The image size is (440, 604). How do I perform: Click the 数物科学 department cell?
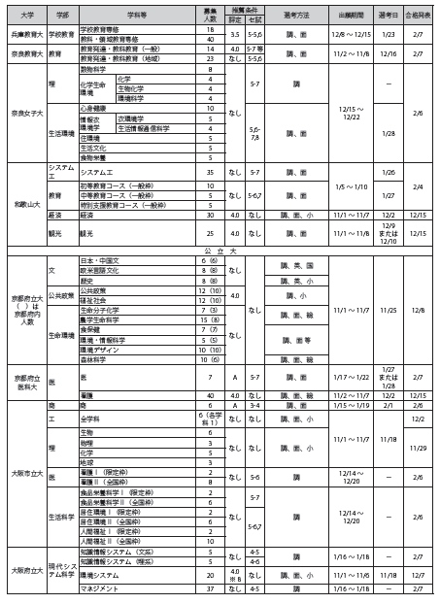point(94,71)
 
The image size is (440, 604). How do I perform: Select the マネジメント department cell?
point(98,588)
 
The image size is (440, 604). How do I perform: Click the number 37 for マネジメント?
point(210,588)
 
